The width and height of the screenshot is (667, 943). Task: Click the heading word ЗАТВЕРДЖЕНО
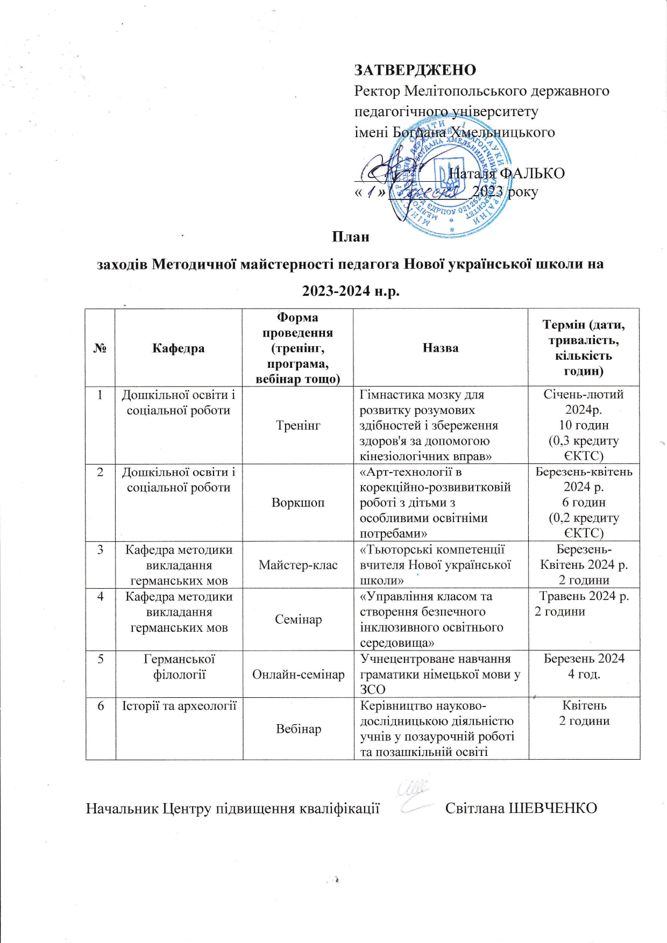(x=415, y=70)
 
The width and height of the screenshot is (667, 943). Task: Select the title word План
(x=350, y=237)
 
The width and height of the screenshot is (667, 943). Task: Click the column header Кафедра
(x=179, y=348)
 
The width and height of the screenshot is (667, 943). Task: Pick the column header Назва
(x=441, y=348)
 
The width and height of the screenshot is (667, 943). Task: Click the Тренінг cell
(x=298, y=425)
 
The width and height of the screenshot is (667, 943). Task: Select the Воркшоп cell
(x=298, y=503)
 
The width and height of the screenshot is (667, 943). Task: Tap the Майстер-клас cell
(x=298, y=565)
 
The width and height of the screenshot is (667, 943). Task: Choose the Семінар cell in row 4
(x=298, y=619)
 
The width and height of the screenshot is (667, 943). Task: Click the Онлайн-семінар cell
(x=298, y=674)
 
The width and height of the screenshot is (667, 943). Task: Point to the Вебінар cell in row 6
(x=298, y=729)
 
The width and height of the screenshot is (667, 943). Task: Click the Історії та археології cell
(x=179, y=706)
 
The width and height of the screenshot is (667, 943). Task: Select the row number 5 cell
(x=101, y=659)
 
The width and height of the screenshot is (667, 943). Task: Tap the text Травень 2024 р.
(x=584, y=596)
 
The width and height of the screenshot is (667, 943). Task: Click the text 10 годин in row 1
(x=584, y=425)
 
